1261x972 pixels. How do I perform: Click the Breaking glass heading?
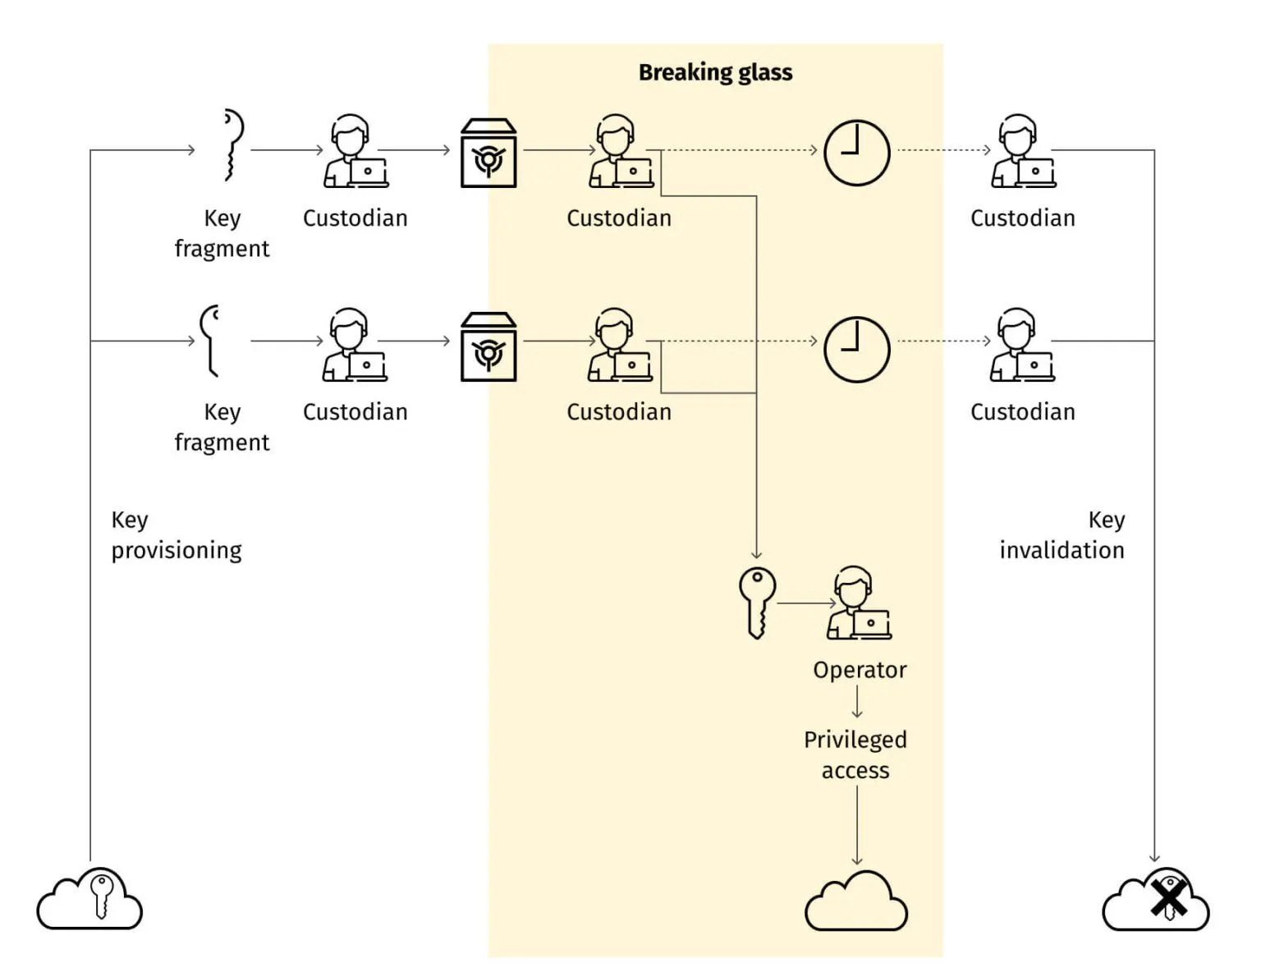point(715,72)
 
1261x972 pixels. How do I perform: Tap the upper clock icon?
point(856,153)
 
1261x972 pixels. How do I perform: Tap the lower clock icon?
point(856,349)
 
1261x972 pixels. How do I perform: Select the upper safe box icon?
point(488,154)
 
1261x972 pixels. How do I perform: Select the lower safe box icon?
point(488,347)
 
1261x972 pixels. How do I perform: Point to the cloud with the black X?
point(1156,900)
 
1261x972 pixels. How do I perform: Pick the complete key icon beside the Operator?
point(757,602)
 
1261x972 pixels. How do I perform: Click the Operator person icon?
point(858,603)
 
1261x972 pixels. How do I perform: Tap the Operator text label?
point(860,670)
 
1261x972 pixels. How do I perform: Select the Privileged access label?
point(855,754)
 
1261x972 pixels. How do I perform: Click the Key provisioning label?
point(177,534)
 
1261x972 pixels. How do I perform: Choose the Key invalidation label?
point(1062,534)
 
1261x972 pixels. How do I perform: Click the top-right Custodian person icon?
point(1022,152)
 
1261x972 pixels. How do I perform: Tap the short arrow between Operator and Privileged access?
point(857,702)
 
